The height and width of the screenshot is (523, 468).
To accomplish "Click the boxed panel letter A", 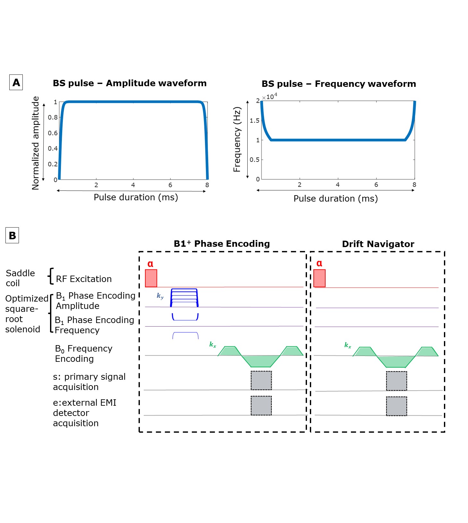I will click(x=16, y=82).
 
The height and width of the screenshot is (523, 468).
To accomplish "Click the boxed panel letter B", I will click(x=12, y=236).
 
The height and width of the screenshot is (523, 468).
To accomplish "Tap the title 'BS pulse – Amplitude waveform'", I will click(x=130, y=83).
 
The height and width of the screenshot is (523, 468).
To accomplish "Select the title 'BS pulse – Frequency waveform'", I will click(x=339, y=84).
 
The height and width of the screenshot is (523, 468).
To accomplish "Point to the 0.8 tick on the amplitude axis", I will click(x=53, y=117).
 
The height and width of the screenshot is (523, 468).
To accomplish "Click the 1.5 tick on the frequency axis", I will click(x=254, y=120).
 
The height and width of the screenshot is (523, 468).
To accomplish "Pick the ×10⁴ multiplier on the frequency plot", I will click(x=270, y=96).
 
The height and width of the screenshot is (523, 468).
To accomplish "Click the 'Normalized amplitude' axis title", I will click(x=36, y=143).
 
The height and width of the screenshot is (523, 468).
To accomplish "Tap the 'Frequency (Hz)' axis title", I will click(x=237, y=139).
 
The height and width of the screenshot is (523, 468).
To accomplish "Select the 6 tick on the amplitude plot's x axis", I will click(x=170, y=185).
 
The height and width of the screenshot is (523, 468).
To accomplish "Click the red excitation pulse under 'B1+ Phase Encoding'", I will click(x=151, y=278).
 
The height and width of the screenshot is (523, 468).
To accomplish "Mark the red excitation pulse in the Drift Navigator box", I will click(x=319, y=278).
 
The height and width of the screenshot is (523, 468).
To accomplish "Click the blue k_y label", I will click(x=160, y=296).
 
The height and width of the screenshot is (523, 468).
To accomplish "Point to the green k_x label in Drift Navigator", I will click(x=348, y=345).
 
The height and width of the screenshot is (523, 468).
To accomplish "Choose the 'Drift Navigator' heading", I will click(x=378, y=244).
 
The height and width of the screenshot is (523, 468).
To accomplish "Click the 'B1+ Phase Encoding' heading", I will click(x=222, y=244).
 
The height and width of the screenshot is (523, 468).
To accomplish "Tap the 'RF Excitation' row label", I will click(x=84, y=279).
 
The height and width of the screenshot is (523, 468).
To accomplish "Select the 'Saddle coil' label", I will click(x=20, y=278).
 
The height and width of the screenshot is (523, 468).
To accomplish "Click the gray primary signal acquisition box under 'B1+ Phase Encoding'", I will click(x=261, y=380).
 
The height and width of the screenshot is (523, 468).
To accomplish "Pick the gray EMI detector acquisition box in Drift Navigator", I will click(x=396, y=406).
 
